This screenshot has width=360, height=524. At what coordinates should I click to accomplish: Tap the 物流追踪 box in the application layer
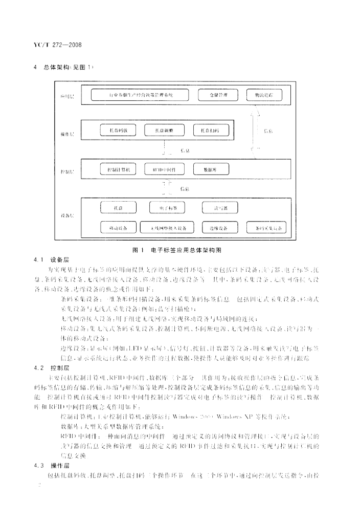click(x=263, y=95)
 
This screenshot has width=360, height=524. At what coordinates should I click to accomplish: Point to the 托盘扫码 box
click(x=210, y=132)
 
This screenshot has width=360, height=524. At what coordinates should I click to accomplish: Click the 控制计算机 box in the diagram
click(x=119, y=169)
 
